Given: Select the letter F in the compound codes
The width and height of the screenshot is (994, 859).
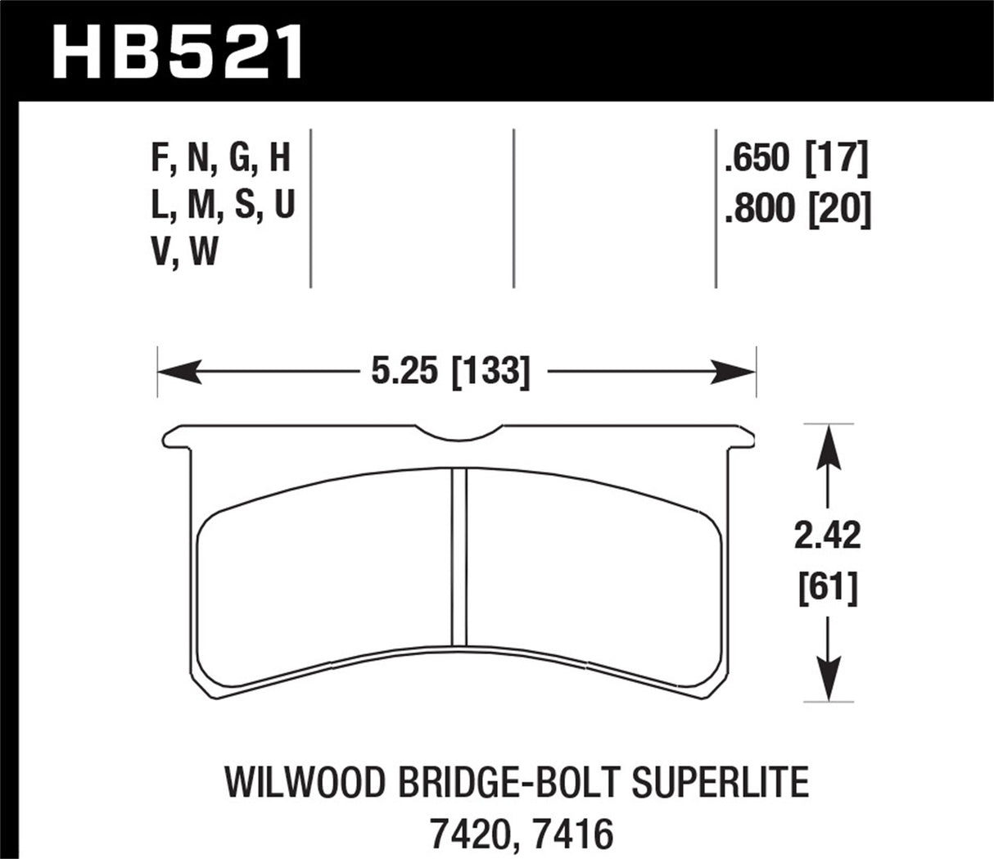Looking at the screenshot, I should point(159,157).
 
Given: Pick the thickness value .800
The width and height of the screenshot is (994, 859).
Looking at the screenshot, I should point(759,210).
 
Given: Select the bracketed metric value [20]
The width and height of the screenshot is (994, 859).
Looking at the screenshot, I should point(838,210).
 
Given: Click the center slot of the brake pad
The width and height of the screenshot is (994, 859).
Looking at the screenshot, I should point(459,558).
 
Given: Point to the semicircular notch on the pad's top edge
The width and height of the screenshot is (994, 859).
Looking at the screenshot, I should point(470,434).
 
